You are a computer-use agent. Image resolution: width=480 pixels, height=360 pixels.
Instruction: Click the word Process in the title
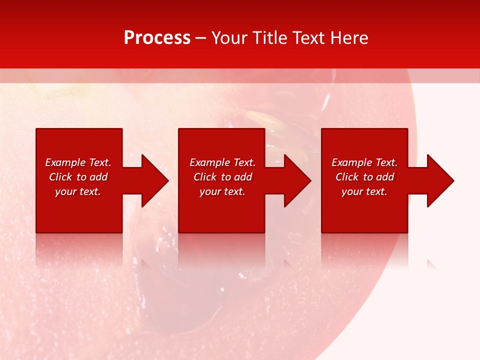[157, 38]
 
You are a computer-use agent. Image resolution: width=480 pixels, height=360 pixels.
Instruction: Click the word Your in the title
[230, 38]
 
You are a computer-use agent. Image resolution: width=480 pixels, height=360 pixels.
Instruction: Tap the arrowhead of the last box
[439, 180]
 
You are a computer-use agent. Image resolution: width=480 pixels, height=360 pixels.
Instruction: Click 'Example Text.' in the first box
[78, 162]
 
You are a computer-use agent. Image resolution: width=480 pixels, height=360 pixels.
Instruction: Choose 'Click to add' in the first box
[78, 177]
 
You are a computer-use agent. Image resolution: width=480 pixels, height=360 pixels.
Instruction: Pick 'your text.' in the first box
[78, 191]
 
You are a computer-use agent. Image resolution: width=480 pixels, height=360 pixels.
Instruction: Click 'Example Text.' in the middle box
[222, 162]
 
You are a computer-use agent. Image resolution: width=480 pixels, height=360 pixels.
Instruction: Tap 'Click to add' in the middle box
[222, 177]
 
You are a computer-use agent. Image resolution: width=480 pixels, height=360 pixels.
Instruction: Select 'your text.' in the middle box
[222, 191]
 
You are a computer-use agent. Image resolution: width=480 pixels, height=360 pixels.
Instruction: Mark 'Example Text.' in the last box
[364, 162]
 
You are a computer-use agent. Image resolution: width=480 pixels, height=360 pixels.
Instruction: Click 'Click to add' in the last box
[364, 177]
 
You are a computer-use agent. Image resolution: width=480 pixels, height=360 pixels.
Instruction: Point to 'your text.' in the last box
[364, 191]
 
